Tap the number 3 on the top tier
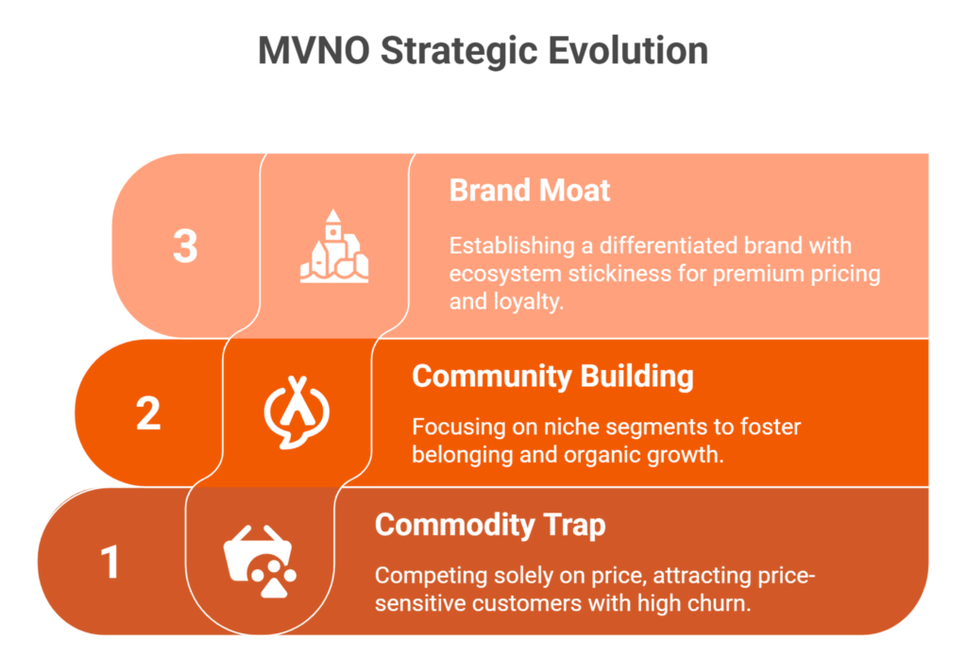pos(186,245)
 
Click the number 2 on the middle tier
pos(148,413)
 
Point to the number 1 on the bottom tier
pos(110,563)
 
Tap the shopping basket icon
pos(260,563)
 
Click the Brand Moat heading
pos(529,190)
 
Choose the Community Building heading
pos(552,376)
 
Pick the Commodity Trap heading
pos(489,525)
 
